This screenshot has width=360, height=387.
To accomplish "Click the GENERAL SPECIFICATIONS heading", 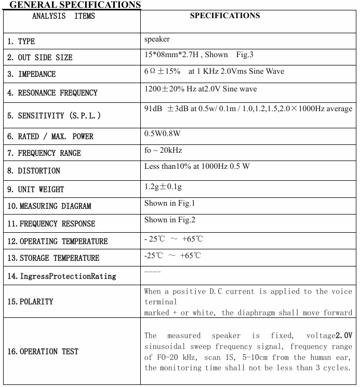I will (75, 5).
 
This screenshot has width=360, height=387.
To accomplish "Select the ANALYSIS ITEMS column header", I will (63, 16).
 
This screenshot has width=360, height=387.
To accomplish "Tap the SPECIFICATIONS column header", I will (225, 16).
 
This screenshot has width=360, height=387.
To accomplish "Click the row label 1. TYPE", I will (21, 41).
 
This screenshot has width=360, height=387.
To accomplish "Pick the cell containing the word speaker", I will (157, 39).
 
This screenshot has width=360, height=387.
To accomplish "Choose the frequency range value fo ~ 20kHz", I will (163, 150).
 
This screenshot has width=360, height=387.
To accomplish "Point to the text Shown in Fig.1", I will (169, 203).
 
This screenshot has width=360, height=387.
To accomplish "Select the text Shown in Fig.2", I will (169, 220).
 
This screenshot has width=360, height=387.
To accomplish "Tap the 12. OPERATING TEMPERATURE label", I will (57, 242).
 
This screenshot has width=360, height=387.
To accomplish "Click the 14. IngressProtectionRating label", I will (61, 276).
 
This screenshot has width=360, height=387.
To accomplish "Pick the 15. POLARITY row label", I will (30, 302).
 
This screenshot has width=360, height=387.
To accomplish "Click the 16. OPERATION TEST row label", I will (43, 352).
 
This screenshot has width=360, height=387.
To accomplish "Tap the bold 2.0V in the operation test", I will (344, 336).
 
